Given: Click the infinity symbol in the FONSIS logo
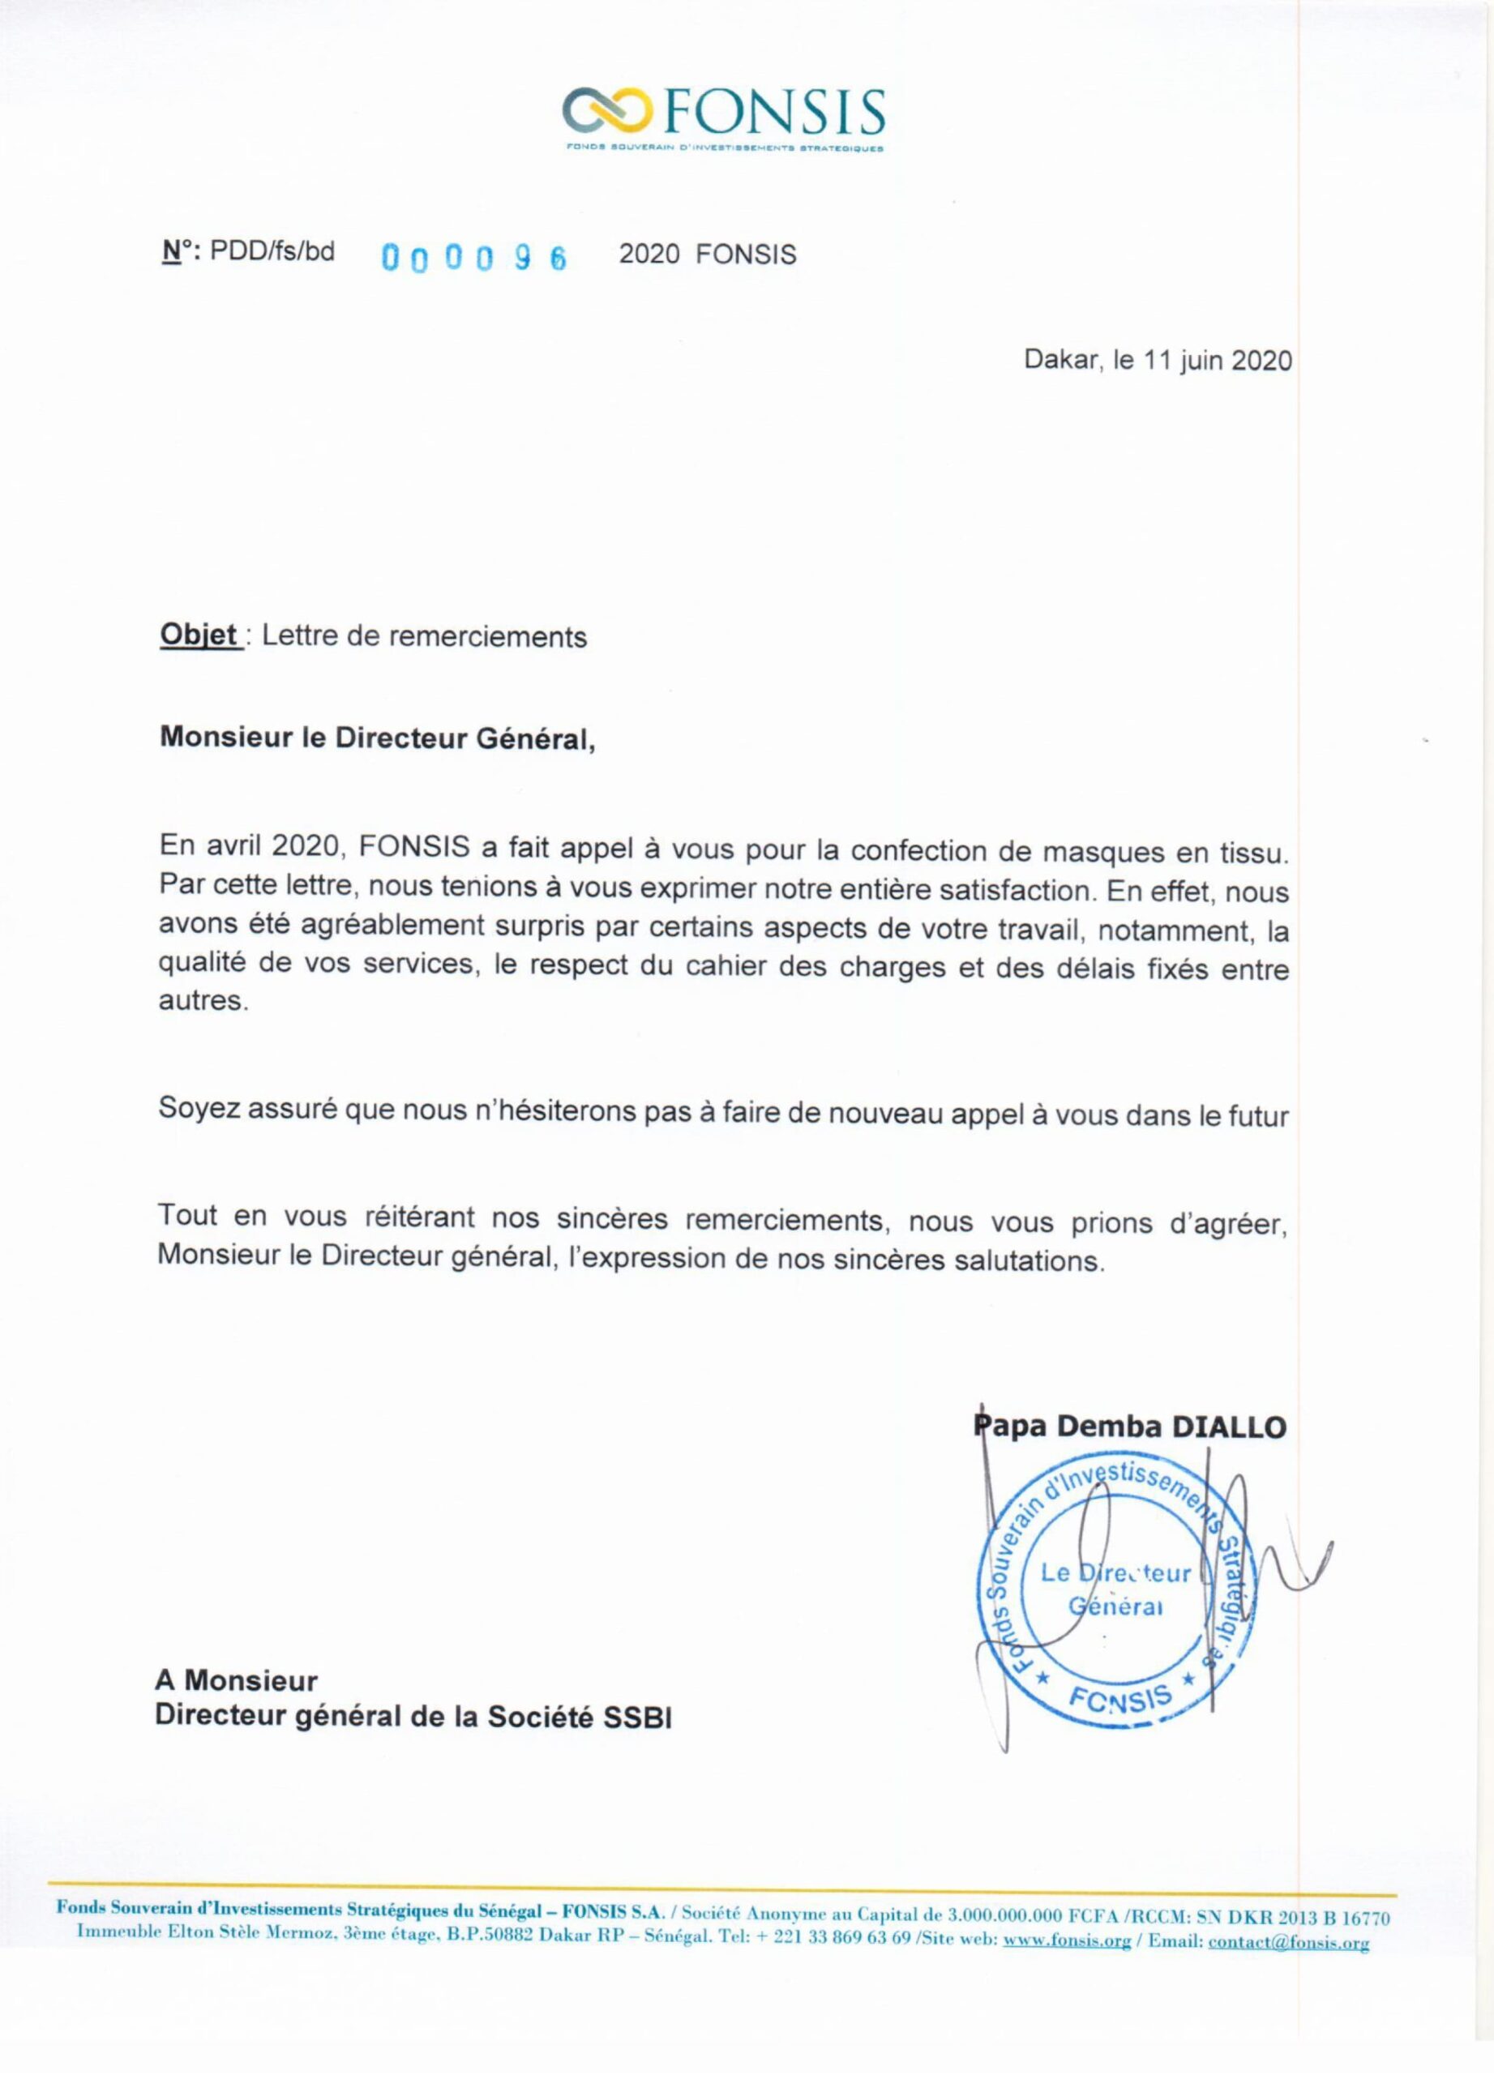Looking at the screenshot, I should coord(607,111).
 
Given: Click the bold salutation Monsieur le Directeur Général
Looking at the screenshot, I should coord(376,738).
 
